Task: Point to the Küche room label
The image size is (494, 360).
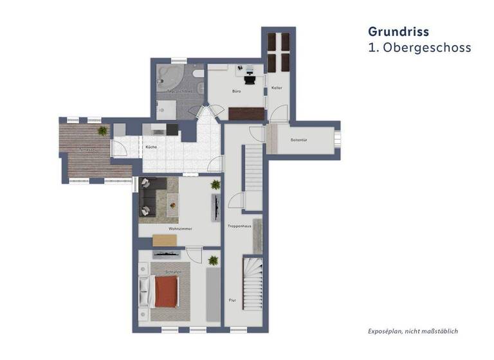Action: (x=151, y=147)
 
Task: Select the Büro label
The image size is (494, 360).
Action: (x=236, y=92)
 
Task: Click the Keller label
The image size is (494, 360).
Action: (x=277, y=87)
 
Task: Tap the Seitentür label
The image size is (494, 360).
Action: (x=298, y=139)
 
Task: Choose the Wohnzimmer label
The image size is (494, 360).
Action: (x=180, y=228)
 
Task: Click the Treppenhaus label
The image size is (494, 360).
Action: (x=239, y=227)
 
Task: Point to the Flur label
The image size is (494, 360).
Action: (x=232, y=300)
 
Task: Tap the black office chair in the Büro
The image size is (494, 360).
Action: (x=250, y=77)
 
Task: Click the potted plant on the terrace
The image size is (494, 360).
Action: (x=102, y=131)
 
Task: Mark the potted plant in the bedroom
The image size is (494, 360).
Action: (x=213, y=260)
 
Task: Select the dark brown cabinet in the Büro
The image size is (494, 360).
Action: (x=246, y=113)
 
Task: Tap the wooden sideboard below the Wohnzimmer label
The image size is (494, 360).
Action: (x=164, y=240)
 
